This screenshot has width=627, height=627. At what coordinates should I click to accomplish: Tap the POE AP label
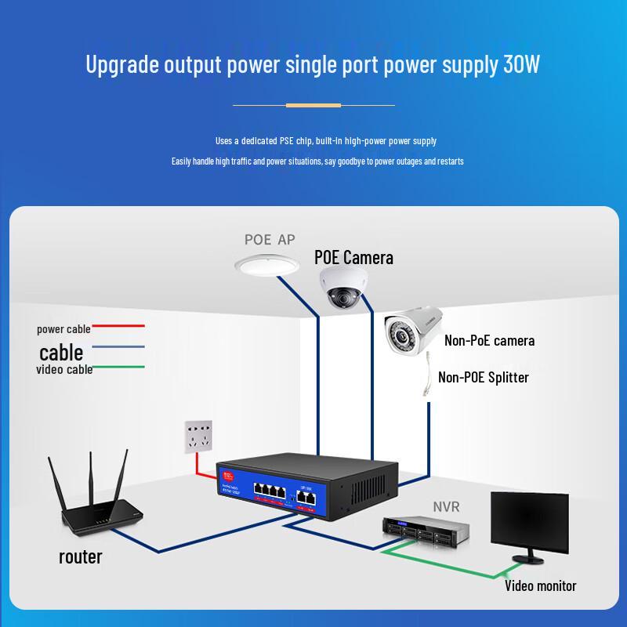pyautogui.click(x=270, y=240)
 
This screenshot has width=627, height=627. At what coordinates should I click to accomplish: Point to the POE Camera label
pyautogui.click(x=353, y=257)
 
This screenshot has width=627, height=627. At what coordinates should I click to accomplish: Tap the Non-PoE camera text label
pyautogui.click(x=489, y=340)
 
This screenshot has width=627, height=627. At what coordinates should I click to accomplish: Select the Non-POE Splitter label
pyautogui.click(x=483, y=377)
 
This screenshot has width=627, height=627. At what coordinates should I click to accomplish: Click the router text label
pyautogui.click(x=81, y=557)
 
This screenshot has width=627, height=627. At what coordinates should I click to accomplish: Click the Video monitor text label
pyautogui.click(x=540, y=585)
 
